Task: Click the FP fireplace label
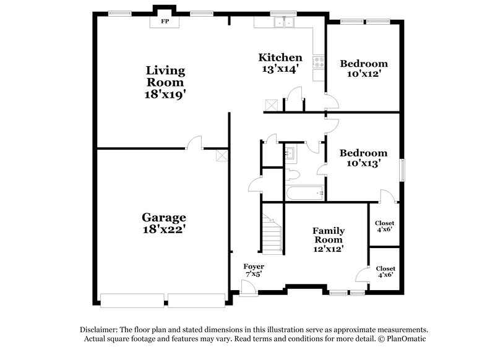point(165,22)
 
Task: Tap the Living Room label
point(165,75)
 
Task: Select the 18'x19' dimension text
point(165,95)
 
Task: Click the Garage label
point(164,217)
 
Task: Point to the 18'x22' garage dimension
point(164,228)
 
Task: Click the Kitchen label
point(280,58)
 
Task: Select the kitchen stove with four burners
point(319,62)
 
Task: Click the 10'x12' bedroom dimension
point(364,74)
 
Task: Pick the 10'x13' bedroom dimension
point(364,164)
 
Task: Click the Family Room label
point(328,235)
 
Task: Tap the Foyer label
point(254,267)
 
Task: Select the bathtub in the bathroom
point(304,194)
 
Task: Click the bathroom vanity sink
point(290,152)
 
